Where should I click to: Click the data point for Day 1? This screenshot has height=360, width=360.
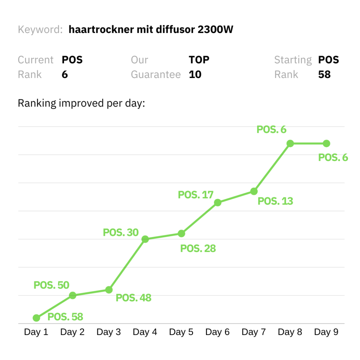pyautogui.click(x=36, y=318)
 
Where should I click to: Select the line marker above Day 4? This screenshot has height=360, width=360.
pyautogui.click(x=145, y=239)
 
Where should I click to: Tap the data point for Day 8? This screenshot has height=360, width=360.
pyautogui.click(x=290, y=143)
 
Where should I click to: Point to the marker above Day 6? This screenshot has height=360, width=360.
pyautogui.click(x=218, y=202)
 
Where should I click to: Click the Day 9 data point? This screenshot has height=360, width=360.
pyautogui.click(x=326, y=143)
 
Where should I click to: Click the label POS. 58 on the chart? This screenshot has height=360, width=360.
pyautogui.click(x=65, y=317)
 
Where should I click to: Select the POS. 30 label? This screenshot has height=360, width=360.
pyautogui.click(x=121, y=232)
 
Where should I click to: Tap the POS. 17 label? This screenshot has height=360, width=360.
pyautogui.click(x=196, y=195)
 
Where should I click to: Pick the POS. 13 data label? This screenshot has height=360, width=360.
pyautogui.click(x=275, y=201)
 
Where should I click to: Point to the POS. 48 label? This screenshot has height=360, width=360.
pyautogui.click(x=133, y=298)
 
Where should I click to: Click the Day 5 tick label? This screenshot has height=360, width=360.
pyautogui.click(x=181, y=332)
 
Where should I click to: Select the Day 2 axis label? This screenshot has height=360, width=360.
pyautogui.click(x=72, y=332)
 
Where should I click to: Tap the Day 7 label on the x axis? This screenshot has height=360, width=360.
pyautogui.click(x=254, y=332)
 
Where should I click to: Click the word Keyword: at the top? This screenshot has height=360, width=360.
pyautogui.click(x=40, y=30)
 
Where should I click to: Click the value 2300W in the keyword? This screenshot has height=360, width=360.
pyautogui.click(x=216, y=30)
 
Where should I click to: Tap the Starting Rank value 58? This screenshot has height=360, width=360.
pyautogui.click(x=324, y=75)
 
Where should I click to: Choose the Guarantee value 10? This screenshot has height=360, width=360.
pyautogui.click(x=195, y=75)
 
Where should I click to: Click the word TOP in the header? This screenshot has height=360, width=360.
pyautogui.click(x=199, y=60)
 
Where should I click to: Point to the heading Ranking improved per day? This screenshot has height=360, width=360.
pyautogui.click(x=81, y=103)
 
